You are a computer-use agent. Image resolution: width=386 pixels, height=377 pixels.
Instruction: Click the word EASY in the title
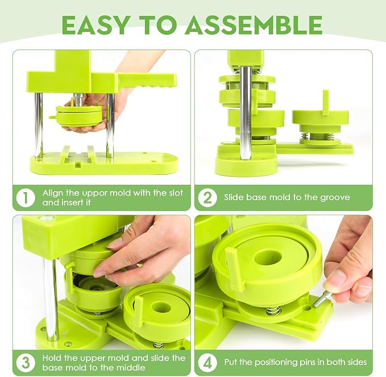[96, 24]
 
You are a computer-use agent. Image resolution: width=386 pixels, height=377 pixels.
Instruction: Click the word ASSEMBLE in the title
[254, 24]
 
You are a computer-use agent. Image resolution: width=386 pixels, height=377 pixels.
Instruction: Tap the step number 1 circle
[26, 197]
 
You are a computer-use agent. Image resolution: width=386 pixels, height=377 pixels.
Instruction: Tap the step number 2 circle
[207, 197]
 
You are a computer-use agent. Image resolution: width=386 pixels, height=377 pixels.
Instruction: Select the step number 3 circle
[26, 363]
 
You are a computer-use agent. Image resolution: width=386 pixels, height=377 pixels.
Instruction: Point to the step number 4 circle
[207, 363]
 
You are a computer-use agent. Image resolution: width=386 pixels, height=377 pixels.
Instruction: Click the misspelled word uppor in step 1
[95, 193]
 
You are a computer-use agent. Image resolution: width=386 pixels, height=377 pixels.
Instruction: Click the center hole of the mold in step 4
[268, 258]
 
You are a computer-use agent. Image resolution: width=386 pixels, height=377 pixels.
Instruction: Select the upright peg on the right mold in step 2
[326, 102]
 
